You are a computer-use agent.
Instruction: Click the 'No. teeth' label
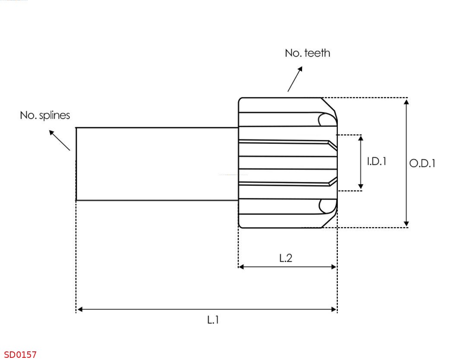pyautogui.click(x=307, y=53)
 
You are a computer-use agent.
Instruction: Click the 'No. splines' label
pyautogui.click(x=45, y=116)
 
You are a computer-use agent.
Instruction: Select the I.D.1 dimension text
pyautogui.click(x=376, y=161)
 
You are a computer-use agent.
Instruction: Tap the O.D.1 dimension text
pyautogui.click(x=422, y=163)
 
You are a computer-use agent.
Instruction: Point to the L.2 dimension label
pyautogui.click(x=286, y=258)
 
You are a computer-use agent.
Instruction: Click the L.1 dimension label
pyautogui.click(x=213, y=320)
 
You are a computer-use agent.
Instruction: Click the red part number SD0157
pyautogui.click(x=20, y=354)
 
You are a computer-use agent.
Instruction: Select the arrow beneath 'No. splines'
pyautogui.click(x=59, y=140)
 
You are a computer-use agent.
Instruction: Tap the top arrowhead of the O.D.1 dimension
pyautogui.click(x=406, y=101)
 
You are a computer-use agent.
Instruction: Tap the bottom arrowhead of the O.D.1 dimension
pyautogui.click(x=406, y=224)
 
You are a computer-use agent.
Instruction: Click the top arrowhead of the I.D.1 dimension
pyautogui.click(x=361, y=138)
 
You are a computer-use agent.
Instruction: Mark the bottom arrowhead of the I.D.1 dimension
pyautogui.click(x=361, y=187)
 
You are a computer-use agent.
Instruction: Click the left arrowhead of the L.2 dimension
pyautogui.click(x=241, y=267)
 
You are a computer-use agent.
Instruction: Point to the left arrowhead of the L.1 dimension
pyautogui.click(x=79, y=309)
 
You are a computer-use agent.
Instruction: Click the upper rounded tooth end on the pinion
pyautogui.click(x=327, y=119)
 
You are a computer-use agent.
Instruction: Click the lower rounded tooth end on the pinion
pyautogui.click(x=327, y=206)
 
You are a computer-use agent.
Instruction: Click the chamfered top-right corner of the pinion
pyautogui.click(x=329, y=106)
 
